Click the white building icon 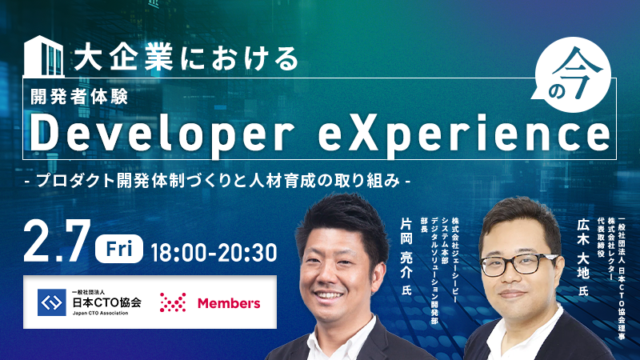point(44,56)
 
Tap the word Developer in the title point(162,134)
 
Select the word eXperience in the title point(464,134)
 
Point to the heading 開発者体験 point(79,97)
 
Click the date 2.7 point(57,242)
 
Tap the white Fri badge point(119,249)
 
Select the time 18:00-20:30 point(214,253)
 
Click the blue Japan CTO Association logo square point(52,302)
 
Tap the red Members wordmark point(229,303)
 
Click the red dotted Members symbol point(173,302)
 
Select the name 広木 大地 point(583,249)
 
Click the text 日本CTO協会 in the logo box point(107,302)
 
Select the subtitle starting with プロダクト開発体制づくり point(218,181)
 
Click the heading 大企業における point(186,58)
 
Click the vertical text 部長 point(424,225)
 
